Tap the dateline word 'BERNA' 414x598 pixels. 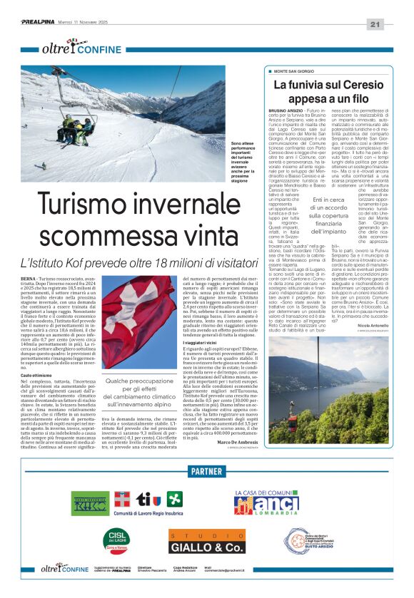30,277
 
